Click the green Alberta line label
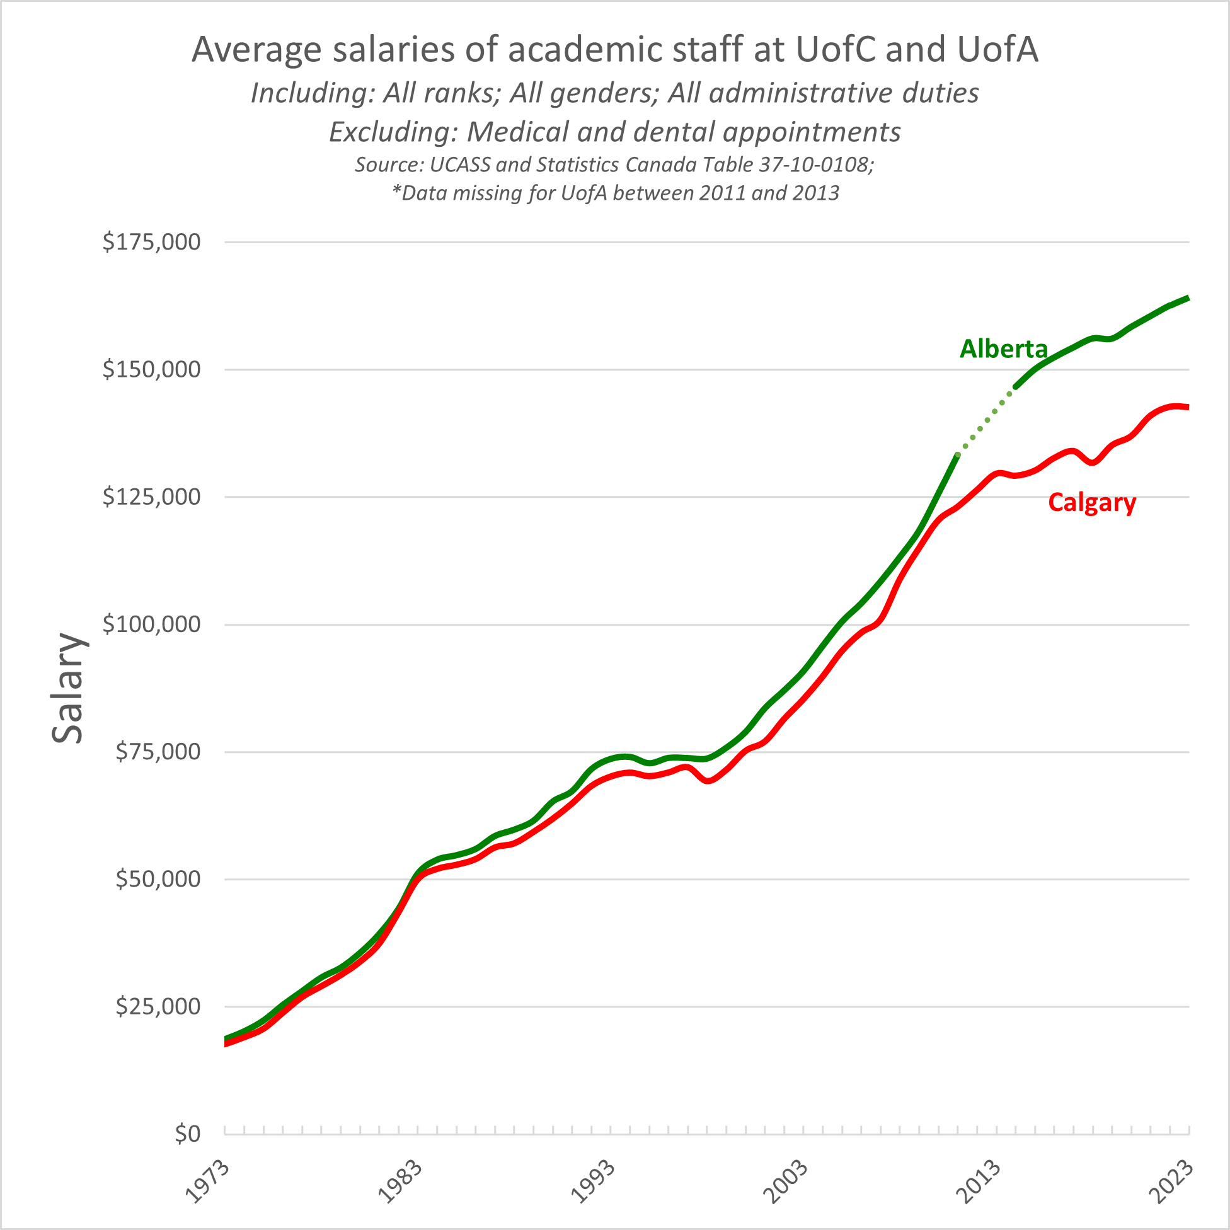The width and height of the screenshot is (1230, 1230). click(1003, 349)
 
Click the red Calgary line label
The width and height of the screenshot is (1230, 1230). click(1092, 503)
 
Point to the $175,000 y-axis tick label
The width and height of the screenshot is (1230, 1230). click(151, 242)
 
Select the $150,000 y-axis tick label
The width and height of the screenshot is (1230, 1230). click(151, 369)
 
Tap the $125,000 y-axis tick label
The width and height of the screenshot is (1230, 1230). click(151, 497)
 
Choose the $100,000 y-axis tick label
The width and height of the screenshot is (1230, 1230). click(151, 624)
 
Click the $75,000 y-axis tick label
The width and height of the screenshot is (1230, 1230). click(158, 751)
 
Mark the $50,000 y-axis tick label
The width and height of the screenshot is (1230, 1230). click(158, 879)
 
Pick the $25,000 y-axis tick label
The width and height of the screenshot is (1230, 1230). click(158, 1006)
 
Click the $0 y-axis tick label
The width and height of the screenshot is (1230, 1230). click(187, 1134)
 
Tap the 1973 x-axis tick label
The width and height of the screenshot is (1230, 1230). click(207, 1182)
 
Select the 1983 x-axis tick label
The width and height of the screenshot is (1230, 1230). click(400, 1182)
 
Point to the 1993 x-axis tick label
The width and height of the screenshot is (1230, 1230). click(593, 1182)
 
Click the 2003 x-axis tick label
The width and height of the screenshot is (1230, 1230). click(786, 1182)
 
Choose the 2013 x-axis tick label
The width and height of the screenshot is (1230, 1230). click(979, 1182)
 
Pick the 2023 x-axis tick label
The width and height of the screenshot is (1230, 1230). click(1172, 1182)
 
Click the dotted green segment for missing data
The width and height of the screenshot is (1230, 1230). click(986, 422)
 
